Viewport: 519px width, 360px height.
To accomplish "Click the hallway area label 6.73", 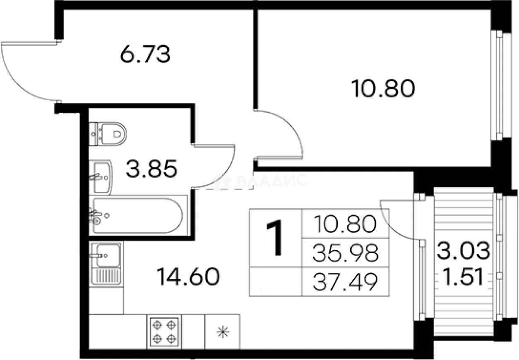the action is (x=145, y=54).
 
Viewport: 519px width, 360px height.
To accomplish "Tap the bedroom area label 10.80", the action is (x=383, y=88).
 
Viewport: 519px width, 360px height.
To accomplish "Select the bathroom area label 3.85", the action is (x=151, y=169).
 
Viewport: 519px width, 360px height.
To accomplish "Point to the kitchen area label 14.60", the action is (x=188, y=276).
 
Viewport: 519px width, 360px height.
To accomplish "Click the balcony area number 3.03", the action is (x=464, y=250).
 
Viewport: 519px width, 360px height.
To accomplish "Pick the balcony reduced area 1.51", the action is (x=463, y=277).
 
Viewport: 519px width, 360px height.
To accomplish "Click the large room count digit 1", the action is (x=275, y=238).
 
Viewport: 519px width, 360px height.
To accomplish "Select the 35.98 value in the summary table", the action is (x=345, y=253).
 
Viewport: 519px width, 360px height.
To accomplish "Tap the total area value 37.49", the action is (x=345, y=282).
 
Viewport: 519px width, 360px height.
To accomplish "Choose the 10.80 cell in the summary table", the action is (x=345, y=224).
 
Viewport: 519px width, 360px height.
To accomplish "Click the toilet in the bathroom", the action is (x=108, y=134).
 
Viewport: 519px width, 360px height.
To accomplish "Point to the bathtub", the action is (x=138, y=215).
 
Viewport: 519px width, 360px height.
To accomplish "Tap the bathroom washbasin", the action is (x=101, y=177).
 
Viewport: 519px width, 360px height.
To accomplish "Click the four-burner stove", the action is (x=164, y=332).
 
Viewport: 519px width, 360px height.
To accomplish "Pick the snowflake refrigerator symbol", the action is (x=223, y=332).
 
